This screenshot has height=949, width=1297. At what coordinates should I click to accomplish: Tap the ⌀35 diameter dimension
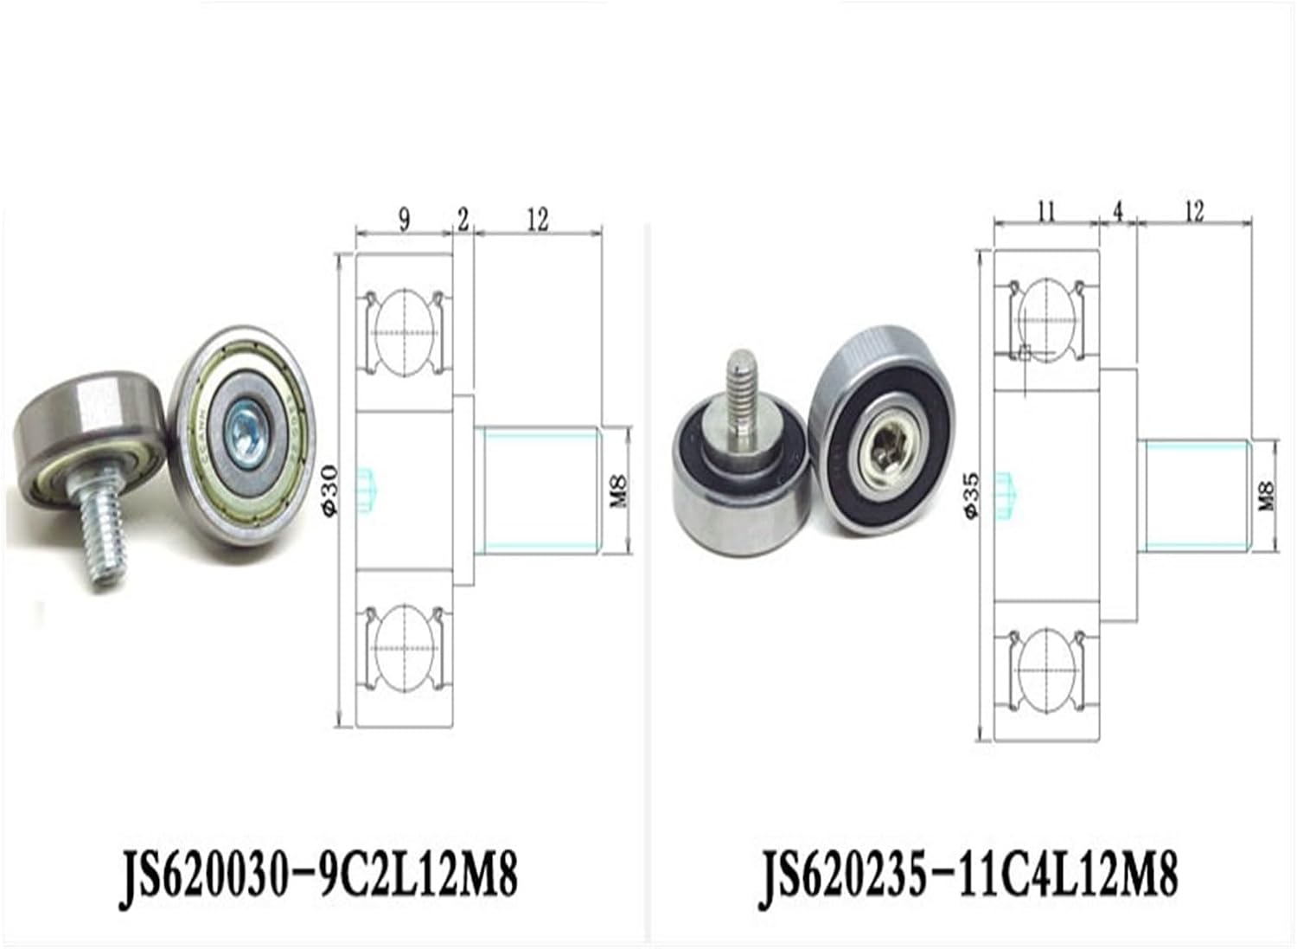(972, 495)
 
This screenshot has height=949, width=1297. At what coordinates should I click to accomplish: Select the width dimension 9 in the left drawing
(405, 220)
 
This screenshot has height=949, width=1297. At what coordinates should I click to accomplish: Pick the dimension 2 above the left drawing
(463, 220)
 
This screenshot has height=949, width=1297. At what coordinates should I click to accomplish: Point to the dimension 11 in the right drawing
(1046, 211)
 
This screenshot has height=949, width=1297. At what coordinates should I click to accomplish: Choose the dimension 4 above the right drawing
(1117, 211)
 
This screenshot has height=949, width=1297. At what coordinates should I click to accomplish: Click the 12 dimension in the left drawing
(537, 220)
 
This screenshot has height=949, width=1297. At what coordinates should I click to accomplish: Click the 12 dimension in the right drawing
(1194, 211)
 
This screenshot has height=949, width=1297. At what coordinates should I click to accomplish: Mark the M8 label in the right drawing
(1267, 495)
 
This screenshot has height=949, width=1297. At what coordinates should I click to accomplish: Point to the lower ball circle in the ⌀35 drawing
(1046, 670)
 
